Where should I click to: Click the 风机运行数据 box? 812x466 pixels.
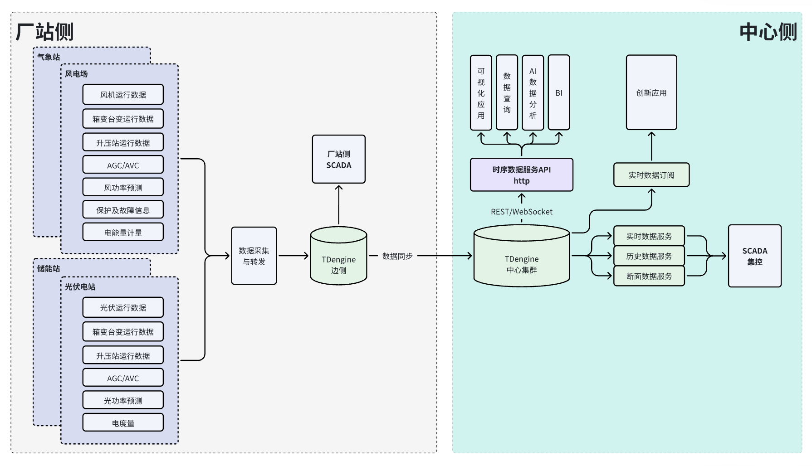pos(123,94)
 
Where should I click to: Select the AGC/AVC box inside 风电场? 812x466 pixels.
pos(123,165)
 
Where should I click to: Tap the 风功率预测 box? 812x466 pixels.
pos(123,187)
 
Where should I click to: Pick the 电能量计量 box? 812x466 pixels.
pos(123,232)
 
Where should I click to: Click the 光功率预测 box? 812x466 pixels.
pos(123,400)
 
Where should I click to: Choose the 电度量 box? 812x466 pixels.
pos(123,422)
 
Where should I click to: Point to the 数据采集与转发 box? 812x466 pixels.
pos(254,256)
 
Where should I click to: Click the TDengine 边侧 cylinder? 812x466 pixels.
pos(338,259)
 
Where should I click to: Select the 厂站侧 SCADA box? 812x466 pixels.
pos(338,160)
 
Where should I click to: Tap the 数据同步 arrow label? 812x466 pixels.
pos(397,256)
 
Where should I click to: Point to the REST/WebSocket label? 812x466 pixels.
pos(522,212)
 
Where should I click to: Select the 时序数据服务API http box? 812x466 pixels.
pos(522,175)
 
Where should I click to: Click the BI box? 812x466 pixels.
pos(559,93)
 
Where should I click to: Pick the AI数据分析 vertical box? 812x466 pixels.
pos(533,93)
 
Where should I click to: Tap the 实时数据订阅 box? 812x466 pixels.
pos(651,175)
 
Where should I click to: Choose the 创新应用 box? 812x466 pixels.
pos(651,93)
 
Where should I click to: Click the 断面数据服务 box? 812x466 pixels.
pos(649,276)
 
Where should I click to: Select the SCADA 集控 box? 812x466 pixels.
pos(755,256)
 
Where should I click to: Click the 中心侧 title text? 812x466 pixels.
pos(768,32)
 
